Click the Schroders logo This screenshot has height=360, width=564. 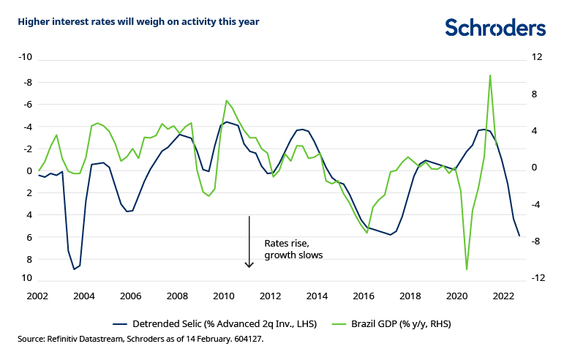pos(495,28)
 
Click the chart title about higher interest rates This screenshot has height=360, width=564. pos(139,21)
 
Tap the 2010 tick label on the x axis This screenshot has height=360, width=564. pos(223,296)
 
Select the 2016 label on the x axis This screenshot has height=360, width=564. pos(363,296)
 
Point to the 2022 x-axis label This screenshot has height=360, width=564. pos(503,296)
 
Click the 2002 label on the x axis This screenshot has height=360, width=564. pos(37,296)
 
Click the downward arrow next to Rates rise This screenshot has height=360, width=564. pos(249,241)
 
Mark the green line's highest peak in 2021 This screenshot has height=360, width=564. pos(489,75)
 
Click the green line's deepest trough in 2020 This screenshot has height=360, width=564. pos(467,269)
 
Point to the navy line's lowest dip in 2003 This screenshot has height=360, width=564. pos(74,269)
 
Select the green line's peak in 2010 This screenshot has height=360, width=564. pos(226,100)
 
